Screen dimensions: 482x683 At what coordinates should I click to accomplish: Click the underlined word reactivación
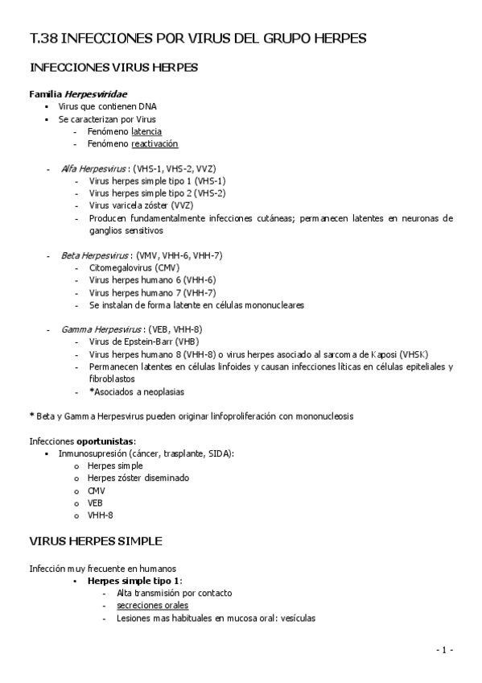pos(154,144)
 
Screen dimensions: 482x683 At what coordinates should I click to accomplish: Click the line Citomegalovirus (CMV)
pos(134,267)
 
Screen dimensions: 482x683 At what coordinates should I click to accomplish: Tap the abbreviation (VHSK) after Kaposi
pos(414,354)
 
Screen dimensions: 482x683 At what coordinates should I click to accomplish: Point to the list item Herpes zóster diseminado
pos(138,478)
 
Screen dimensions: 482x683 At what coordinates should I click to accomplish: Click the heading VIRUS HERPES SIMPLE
pos(96,540)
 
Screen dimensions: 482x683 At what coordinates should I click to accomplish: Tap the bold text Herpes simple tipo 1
pos(134,581)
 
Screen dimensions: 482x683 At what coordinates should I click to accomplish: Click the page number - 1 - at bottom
pos(444,650)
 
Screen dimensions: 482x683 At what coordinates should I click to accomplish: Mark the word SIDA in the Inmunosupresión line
pos(218,453)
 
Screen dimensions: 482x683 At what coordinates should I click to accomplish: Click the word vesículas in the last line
pos(295,619)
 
